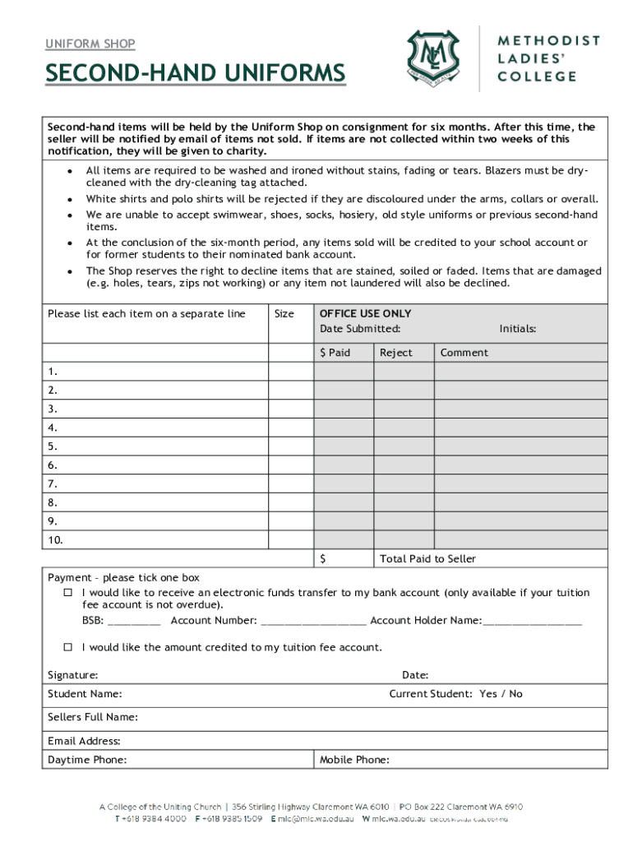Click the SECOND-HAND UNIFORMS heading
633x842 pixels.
[196, 75]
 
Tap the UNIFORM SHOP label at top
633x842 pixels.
[90, 44]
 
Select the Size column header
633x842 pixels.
[284, 314]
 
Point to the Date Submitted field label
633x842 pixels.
[360, 329]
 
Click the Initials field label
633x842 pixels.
[517, 329]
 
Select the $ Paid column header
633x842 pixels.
[335, 353]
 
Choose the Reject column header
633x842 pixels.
[395, 353]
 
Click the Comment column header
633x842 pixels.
[464, 353]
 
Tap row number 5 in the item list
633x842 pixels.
[53, 446]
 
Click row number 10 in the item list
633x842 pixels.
[55, 540]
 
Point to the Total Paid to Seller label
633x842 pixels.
[427, 559]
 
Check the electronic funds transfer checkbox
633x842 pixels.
[69, 593]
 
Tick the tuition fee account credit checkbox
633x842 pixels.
[69, 647]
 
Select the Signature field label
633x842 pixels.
[73, 675]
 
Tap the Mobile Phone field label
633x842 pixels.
[354, 760]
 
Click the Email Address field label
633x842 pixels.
[84, 741]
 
